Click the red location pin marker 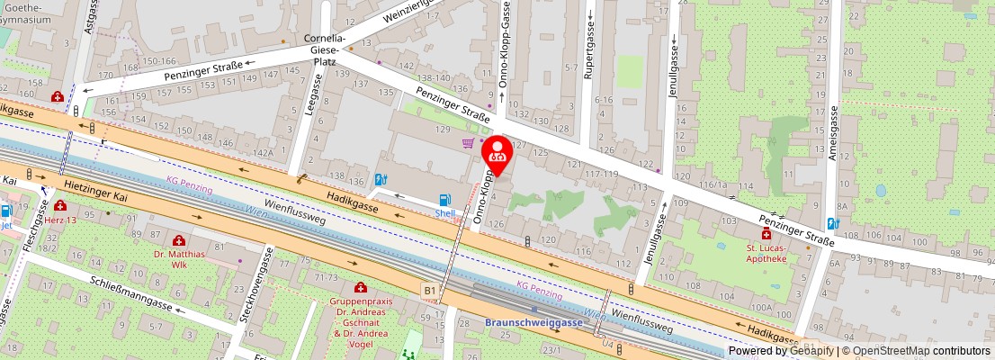click(499, 154)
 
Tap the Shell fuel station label click(444, 213)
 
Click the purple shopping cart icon click(468, 143)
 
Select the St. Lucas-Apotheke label click(766, 253)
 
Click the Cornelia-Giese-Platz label click(323, 50)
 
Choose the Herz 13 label click(59, 220)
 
